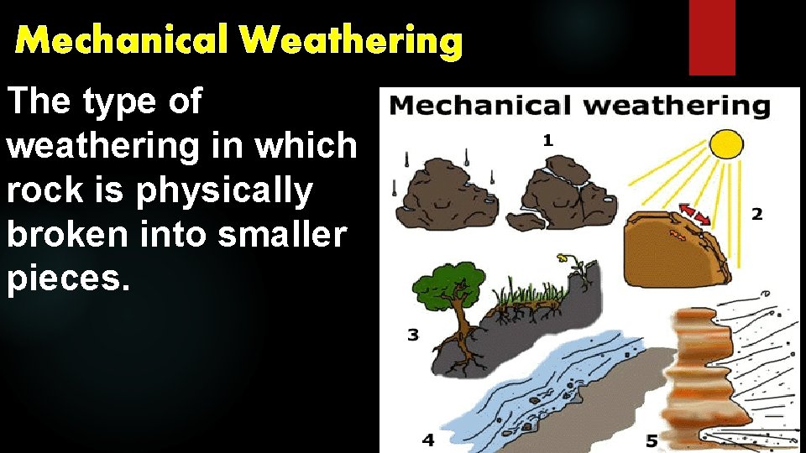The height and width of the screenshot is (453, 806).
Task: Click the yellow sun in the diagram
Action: (x=727, y=143)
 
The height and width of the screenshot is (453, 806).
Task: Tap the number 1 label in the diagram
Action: (x=547, y=141)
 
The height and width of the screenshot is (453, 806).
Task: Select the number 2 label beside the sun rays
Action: (x=756, y=215)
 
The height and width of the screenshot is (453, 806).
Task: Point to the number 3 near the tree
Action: (x=413, y=336)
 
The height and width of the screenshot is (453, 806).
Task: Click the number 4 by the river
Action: (x=428, y=439)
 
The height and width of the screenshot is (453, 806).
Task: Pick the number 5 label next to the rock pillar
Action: (x=652, y=439)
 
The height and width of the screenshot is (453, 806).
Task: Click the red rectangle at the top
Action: (x=712, y=38)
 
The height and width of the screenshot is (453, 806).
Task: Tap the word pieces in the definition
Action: (x=67, y=280)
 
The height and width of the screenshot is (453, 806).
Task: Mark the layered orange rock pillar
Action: (x=704, y=369)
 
